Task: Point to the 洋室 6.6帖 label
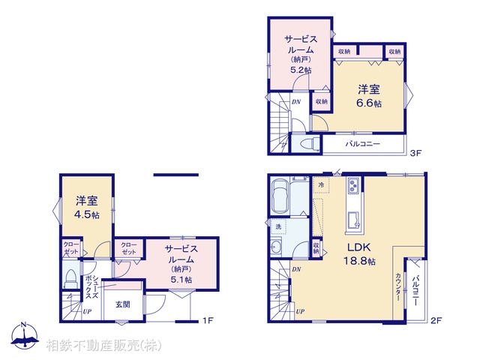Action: point(367,96)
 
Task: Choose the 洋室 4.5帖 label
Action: point(86,208)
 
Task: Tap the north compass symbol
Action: point(24,335)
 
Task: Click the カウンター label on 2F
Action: point(397,286)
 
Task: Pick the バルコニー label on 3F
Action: point(362,143)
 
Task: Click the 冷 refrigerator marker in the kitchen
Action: point(320,184)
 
